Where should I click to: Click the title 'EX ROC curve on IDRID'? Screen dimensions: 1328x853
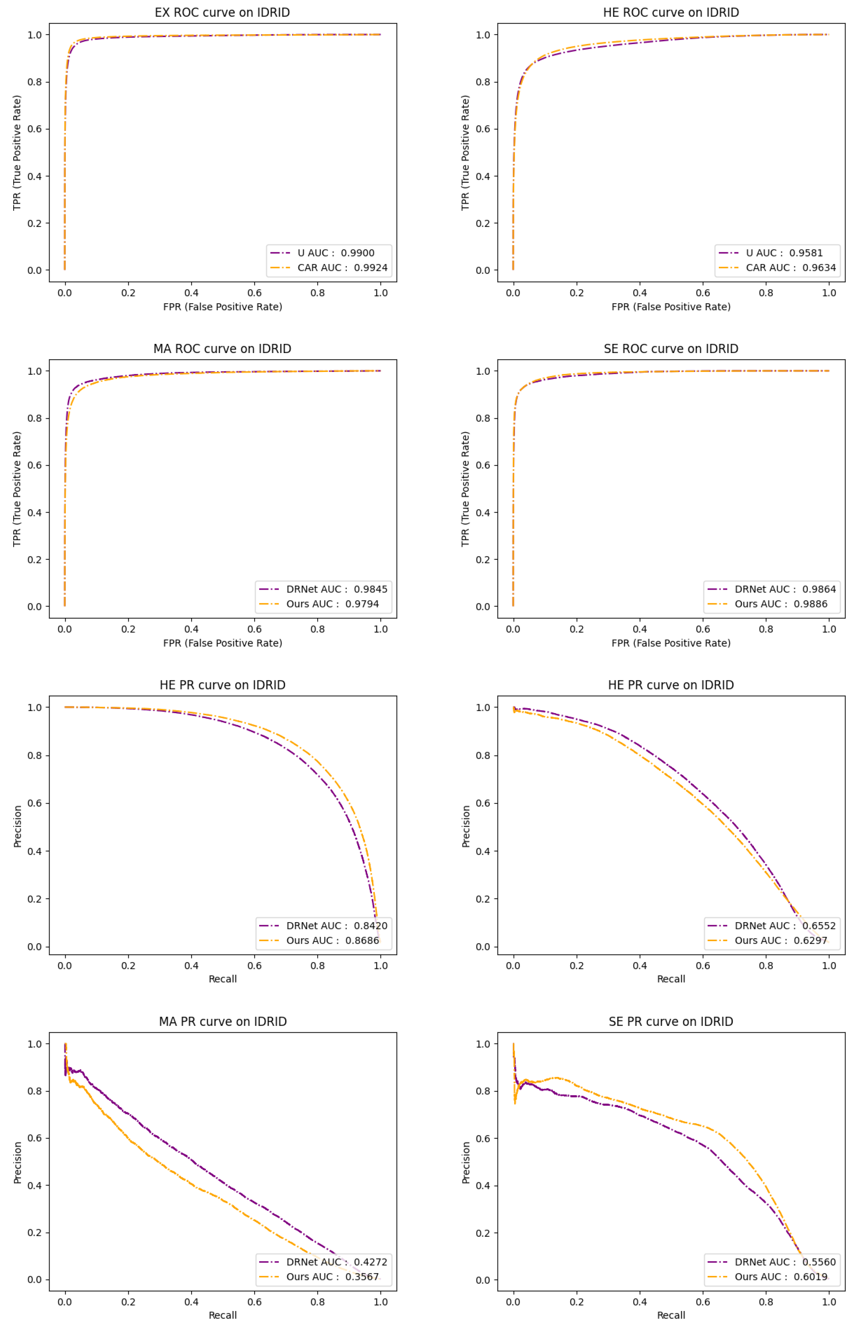coord(222,12)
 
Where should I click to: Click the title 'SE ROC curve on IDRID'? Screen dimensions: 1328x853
coord(671,349)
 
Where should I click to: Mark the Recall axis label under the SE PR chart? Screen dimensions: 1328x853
coord(671,1315)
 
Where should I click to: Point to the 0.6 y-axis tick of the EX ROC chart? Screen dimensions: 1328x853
coord(34,129)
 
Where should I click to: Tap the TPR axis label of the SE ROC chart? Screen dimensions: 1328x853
coord(465,489)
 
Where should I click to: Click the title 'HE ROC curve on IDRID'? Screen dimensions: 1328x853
coord(671,12)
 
